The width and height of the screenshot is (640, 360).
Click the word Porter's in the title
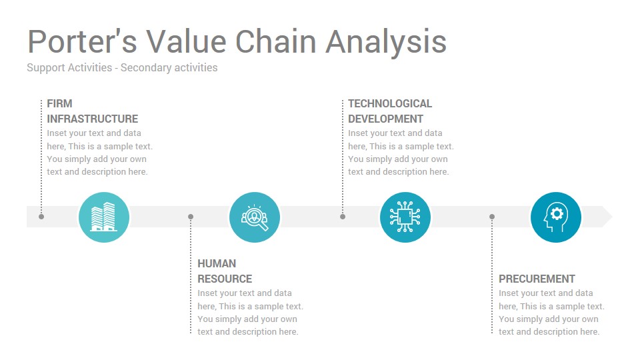click(82, 41)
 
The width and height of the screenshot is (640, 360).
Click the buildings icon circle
click(104, 217)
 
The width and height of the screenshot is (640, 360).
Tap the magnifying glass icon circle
click(255, 217)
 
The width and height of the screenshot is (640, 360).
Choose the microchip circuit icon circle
click(405, 217)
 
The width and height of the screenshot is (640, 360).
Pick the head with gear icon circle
click(556, 217)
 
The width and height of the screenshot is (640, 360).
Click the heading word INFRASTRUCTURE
click(92, 119)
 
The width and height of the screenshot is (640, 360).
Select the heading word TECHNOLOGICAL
click(390, 104)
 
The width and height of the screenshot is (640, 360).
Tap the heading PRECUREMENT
click(537, 279)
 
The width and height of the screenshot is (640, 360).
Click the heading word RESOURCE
click(225, 279)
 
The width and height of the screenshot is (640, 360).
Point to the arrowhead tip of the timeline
click(612, 217)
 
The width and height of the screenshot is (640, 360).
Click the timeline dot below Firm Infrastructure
click(41, 217)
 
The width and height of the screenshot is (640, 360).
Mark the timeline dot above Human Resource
click(191, 217)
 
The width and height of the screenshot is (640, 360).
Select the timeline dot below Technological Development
click(343, 217)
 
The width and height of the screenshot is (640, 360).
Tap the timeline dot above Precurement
click(492, 217)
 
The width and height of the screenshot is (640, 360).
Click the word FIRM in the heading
click(59, 104)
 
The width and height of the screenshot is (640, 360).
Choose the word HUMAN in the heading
click(217, 264)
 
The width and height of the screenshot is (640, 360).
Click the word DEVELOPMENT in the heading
click(385, 119)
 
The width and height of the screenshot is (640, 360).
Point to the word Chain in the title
click(275, 41)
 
